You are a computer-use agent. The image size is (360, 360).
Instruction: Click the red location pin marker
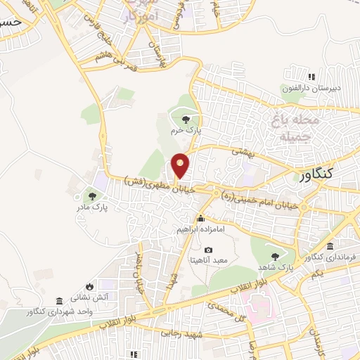pyautogui.click(x=181, y=165)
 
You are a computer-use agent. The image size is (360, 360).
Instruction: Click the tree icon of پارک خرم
pyautogui.click(x=185, y=120)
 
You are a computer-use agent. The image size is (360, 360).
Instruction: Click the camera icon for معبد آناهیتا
pyautogui.click(x=208, y=250)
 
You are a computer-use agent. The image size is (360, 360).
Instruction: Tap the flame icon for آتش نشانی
pyautogui.click(x=89, y=286)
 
